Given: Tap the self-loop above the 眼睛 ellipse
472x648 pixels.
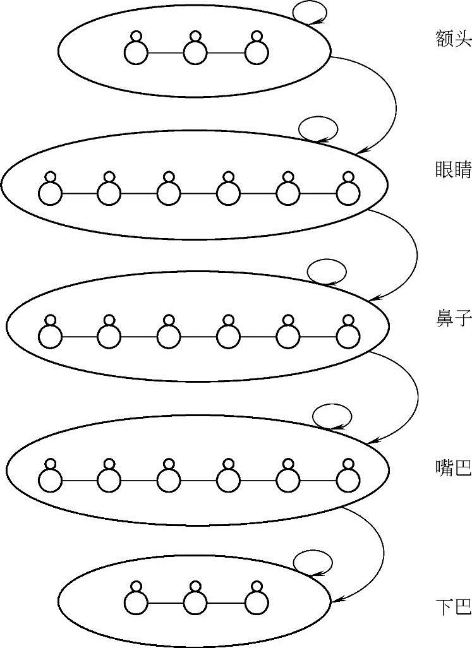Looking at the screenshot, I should [x=318, y=129].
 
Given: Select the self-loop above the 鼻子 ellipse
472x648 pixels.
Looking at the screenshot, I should [x=327, y=272].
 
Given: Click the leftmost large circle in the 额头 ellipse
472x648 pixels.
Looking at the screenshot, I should [x=135, y=53].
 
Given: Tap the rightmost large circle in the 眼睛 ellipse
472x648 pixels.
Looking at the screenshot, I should [x=349, y=193].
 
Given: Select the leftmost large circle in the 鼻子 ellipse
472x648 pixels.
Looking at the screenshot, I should [x=51, y=336].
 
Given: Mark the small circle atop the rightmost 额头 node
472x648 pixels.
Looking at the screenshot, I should [x=256, y=36].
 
